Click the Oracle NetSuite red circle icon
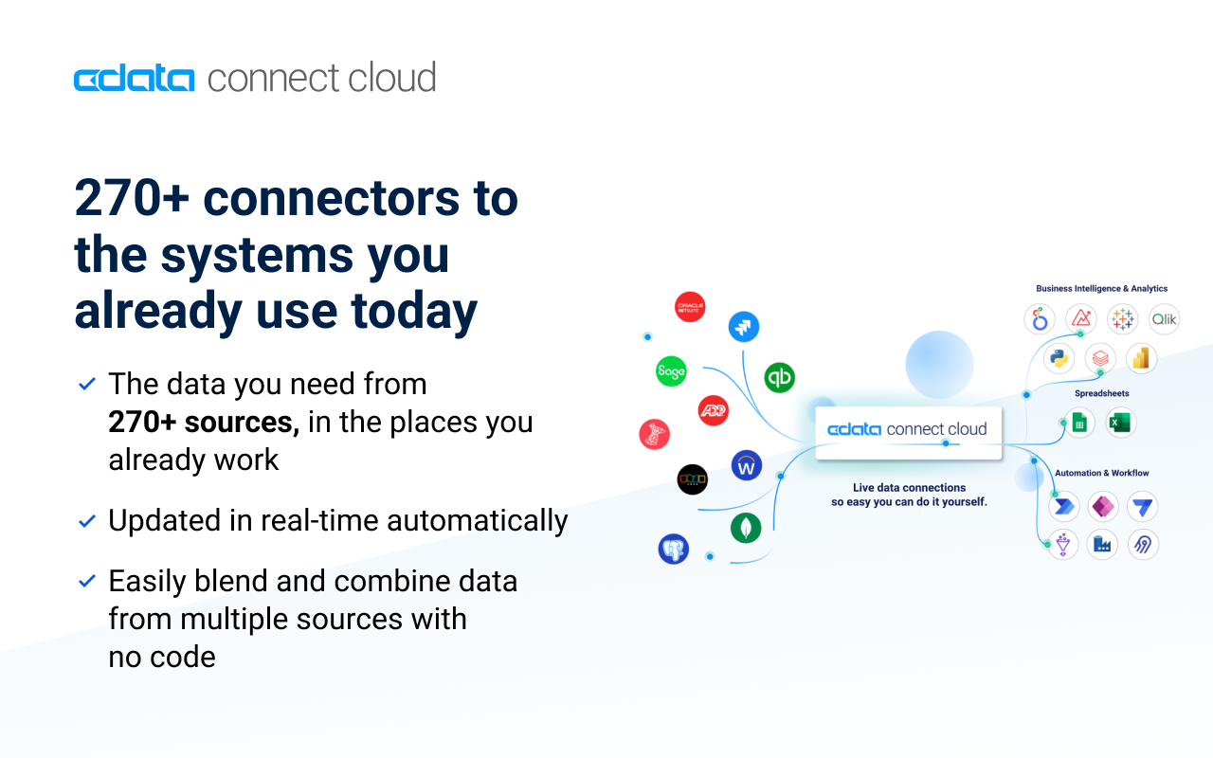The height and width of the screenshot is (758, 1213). click(690, 307)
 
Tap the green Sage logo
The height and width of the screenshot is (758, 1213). click(671, 371)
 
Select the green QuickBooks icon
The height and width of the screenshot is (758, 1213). click(779, 377)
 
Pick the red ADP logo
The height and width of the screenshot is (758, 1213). click(713, 409)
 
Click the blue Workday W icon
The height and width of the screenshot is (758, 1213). click(747, 465)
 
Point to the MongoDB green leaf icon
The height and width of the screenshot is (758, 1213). click(746, 528)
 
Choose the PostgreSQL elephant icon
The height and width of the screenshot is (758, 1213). click(674, 549)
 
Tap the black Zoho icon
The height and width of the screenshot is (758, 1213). click(693, 479)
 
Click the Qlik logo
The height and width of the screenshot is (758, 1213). click(1164, 319)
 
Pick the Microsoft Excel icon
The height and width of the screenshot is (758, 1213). click(1120, 423)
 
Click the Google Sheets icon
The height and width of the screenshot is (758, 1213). click(1078, 423)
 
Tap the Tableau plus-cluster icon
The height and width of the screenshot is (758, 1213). click(1123, 319)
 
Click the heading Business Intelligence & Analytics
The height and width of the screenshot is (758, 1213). click(1101, 289)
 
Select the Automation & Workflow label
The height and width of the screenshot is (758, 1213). click(1101, 473)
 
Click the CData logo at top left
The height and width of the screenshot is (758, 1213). click(135, 79)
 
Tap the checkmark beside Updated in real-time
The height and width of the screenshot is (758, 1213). click(87, 521)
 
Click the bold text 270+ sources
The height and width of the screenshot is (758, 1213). click(204, 422)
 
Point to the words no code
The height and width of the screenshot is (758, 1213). click(162, 657)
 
